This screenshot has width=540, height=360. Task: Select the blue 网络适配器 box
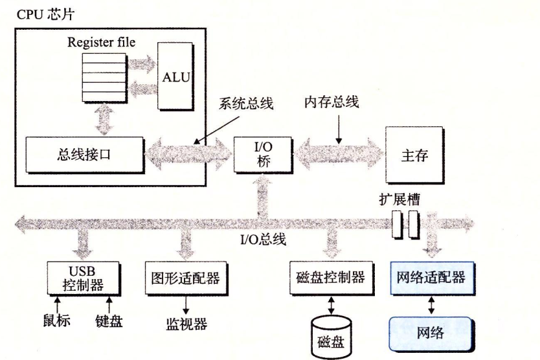(429, 278)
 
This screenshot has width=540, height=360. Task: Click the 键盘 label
(108, 321)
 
